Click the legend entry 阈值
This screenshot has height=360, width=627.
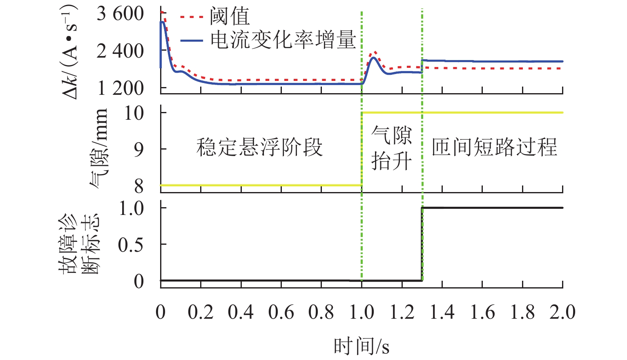point(230,17)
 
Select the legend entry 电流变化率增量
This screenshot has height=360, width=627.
point(283,40)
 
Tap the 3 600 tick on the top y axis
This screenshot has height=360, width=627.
point(120,14)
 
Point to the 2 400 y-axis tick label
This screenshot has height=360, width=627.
point(120,51)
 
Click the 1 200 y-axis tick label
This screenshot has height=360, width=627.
point(120,88)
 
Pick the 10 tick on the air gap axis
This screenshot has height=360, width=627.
point(134,113)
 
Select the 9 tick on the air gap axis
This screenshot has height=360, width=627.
point(139,150)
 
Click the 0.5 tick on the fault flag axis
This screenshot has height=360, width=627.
point(131,245)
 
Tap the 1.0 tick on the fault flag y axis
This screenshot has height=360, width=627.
point(131,208)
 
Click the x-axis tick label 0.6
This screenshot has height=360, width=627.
point(281,313)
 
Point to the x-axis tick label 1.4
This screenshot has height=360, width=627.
point(442,313)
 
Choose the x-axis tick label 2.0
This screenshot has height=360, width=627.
point(562,313)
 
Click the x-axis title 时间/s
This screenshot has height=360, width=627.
point(361,347)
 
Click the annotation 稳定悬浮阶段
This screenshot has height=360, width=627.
point(259,148)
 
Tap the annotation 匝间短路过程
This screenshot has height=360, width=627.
point(494,148)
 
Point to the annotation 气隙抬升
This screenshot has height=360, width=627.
point(391,148)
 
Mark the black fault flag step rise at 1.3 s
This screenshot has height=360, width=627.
point(422,244)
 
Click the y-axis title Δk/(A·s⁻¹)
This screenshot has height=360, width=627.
point(69,51)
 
